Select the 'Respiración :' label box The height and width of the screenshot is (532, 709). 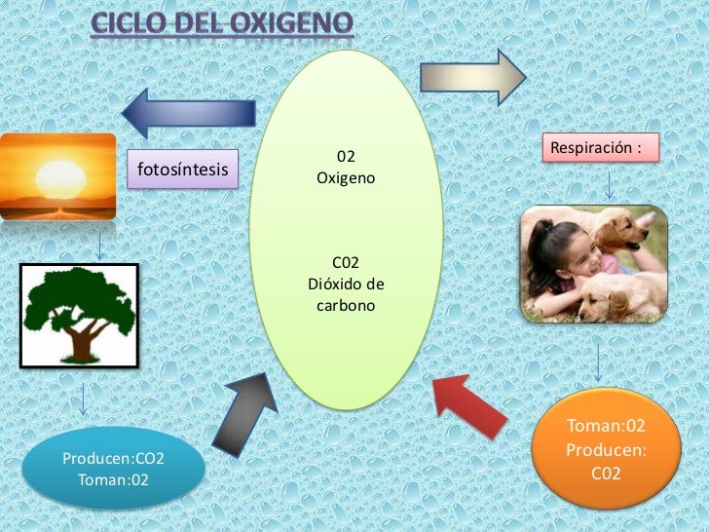(598, 148)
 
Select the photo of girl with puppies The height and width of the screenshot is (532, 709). (593, 264)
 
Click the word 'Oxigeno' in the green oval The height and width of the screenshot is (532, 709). (345, 179)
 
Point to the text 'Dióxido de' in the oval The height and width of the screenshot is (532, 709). (346, 285)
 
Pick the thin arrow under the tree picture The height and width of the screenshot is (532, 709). (85, 399)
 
